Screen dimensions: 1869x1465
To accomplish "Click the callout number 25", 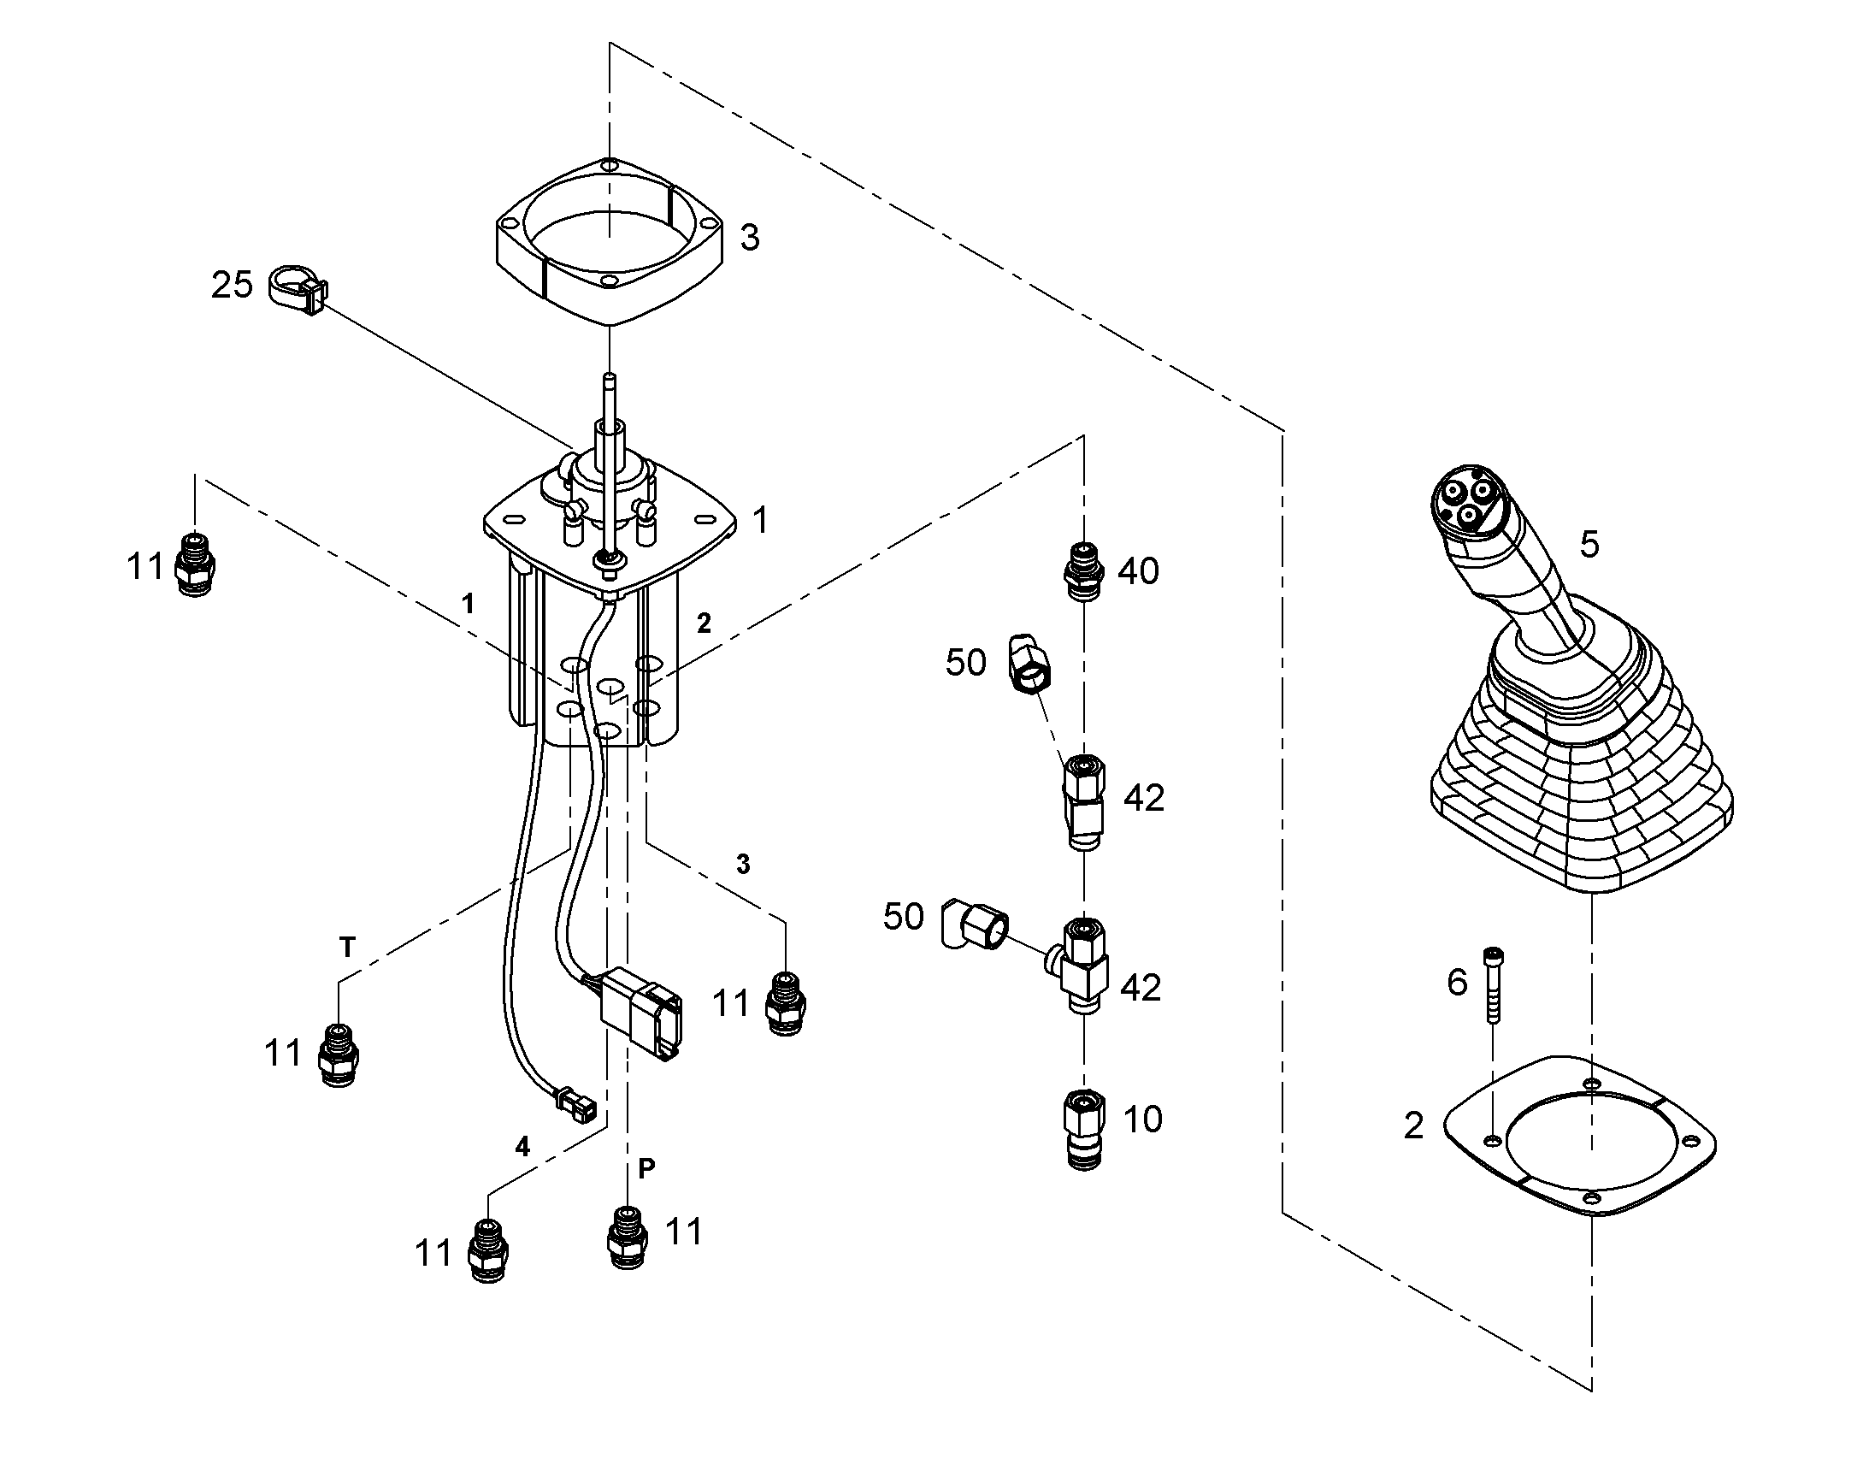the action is [233, 285].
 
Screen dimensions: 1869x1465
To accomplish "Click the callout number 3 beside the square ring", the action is [749, 238].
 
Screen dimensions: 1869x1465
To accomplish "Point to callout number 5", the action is [1589, 545].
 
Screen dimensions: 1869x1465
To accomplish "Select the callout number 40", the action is [1139, 571].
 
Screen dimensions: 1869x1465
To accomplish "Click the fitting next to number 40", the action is [1084, 572].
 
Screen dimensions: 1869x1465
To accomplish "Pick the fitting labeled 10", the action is [1084, 1129].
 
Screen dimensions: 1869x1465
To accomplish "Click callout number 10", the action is [1142, 1120].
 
